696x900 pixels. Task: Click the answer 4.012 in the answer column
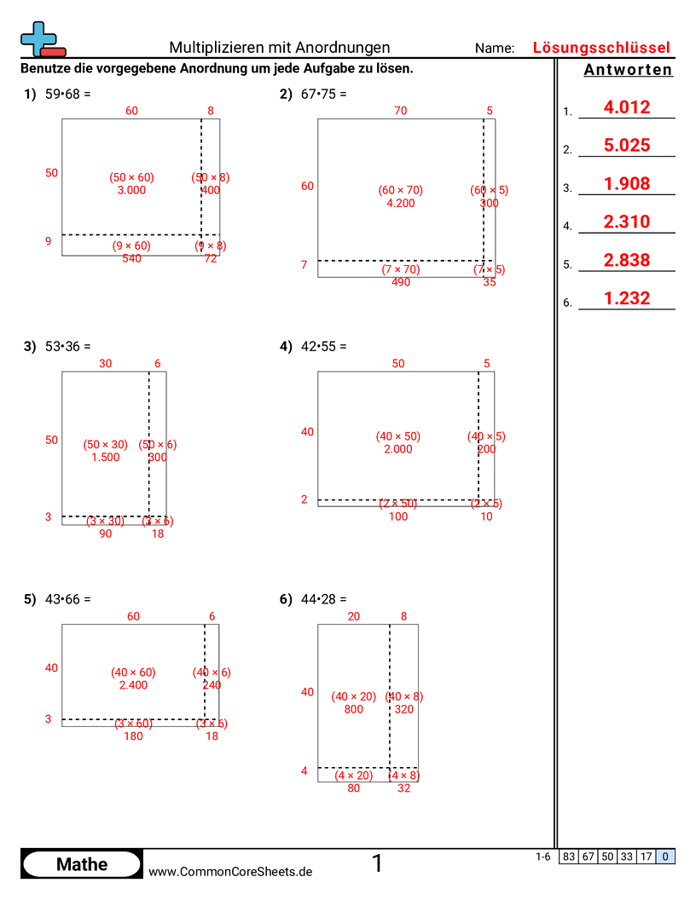626,107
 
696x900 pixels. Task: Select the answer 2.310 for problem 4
626,222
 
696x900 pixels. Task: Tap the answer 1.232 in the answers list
626,298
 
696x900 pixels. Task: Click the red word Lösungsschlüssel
601,48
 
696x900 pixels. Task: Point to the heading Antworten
628,71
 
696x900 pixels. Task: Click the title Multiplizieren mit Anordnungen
280,48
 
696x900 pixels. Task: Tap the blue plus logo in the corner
39,38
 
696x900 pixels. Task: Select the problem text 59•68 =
67,95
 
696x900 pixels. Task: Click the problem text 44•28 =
323,599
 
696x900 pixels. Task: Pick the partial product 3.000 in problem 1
131,190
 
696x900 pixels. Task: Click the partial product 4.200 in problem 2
400,203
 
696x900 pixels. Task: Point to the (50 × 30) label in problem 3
105,444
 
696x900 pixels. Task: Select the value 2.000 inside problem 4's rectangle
397,449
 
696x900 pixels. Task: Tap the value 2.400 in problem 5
133,684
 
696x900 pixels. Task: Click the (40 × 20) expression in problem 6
353,696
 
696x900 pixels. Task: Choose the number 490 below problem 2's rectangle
400,282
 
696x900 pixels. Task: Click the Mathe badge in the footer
82,864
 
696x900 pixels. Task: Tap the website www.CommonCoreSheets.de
230,871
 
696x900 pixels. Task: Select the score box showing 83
568,857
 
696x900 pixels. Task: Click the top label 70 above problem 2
400,110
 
